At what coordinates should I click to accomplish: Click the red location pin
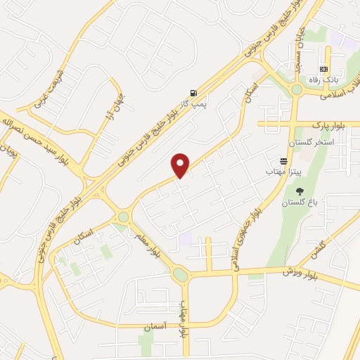point(181,165)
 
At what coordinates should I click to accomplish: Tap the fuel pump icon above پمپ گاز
point(193,93)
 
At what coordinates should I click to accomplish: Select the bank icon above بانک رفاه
point(323,69)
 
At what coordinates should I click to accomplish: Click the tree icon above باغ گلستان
point(301,191)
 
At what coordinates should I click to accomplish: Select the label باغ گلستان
point(300,202)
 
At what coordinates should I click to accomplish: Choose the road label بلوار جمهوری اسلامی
point(247,232)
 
